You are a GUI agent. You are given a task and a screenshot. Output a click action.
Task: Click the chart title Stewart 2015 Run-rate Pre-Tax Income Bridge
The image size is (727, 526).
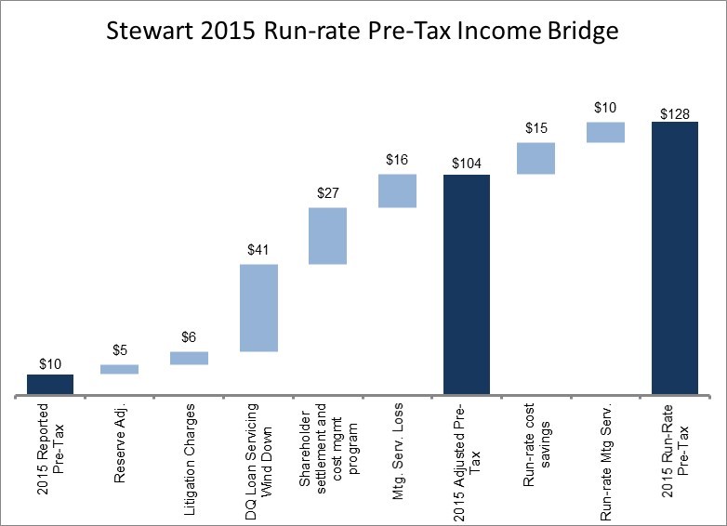pos(363,32)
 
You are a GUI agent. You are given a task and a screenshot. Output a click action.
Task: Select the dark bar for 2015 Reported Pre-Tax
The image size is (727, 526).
pos(50,385)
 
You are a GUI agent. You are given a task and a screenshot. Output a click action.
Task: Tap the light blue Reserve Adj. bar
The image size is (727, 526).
pos(119,369)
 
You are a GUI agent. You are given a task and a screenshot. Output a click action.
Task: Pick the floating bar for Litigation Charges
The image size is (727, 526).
pos(189,358)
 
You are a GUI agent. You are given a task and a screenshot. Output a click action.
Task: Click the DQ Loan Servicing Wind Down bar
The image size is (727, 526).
pos(258,308)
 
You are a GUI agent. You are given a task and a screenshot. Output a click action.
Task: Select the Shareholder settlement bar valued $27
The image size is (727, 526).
pos(327,236)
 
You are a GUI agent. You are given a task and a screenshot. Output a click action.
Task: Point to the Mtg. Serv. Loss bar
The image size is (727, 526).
pos(397,191)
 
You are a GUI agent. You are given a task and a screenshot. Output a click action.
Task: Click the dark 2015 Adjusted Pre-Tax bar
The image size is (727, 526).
pos(467,285)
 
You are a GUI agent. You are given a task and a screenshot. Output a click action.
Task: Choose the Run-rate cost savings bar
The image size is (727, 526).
pos(535,158)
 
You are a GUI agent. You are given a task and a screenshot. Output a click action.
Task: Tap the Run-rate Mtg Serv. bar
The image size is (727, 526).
pos(605,132)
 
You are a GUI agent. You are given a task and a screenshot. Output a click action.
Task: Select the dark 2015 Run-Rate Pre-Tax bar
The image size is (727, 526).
pos(674,258)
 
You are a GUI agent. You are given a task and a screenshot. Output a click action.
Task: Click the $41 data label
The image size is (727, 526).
pos(258,250)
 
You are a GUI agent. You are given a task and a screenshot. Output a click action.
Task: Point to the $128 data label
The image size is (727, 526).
pos(674,113)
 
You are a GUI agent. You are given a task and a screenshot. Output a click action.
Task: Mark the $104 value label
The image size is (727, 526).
pos(467,164)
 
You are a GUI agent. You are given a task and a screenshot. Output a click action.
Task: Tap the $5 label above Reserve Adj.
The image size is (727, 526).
pos(119,350)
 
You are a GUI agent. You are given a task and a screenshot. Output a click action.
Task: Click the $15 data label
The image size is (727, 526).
pos(535,128)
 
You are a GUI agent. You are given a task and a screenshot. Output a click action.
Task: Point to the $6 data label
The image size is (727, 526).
pos(189,337)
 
